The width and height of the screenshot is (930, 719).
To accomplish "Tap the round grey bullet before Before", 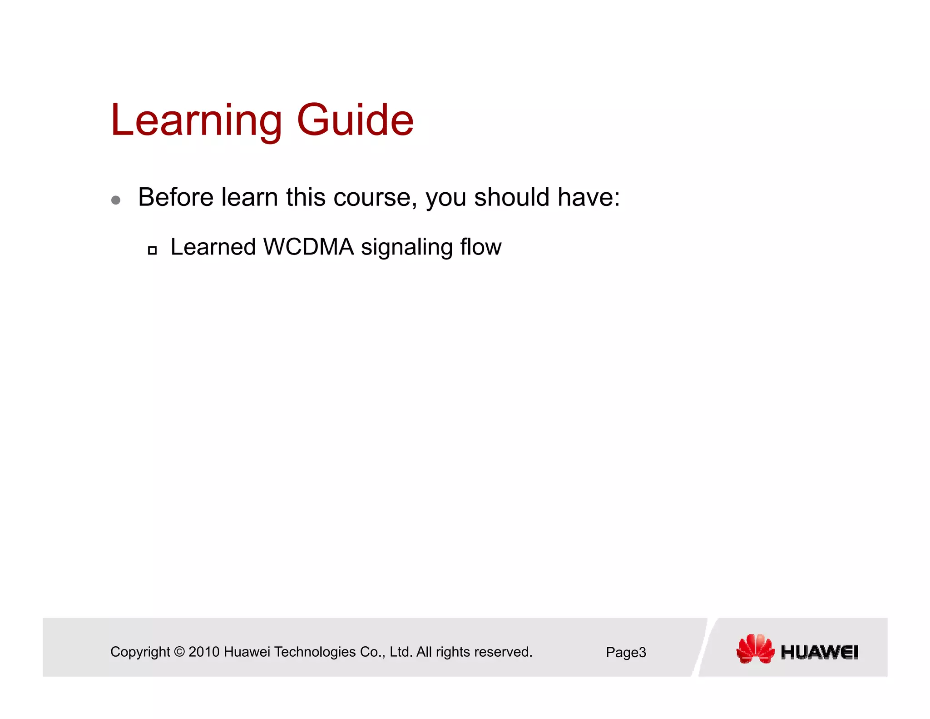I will pyautogui.click(x=116, y=200).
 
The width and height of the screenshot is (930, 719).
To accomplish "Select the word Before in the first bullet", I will pyautogui.click(x=176, y=197).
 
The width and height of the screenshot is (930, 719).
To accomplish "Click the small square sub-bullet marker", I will pyautogui.click(x=153, y=250).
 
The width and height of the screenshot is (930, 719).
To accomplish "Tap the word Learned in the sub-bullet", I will pyautogui.click(x=213, y=247).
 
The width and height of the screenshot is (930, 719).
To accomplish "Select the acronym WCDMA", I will pyautogui.click(x=308, y=247).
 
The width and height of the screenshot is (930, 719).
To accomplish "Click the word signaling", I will pyautogui.click(x=406, y=248).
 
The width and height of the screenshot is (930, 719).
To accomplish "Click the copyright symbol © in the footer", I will pyautogui.click(x=179, y=652).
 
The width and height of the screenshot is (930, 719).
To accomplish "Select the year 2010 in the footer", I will pyautogui.click(x=204, y=652).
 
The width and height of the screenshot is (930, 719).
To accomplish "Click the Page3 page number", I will pyautogui.click(x=626, y=653).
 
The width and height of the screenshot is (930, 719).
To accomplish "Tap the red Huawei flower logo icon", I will pyautogui.click(x=755, y=649).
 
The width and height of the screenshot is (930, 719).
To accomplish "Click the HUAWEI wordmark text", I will pyautogui.click(x=819, y=652).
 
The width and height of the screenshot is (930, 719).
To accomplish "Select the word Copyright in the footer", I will pyautogui.click(x=140, y=652).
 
